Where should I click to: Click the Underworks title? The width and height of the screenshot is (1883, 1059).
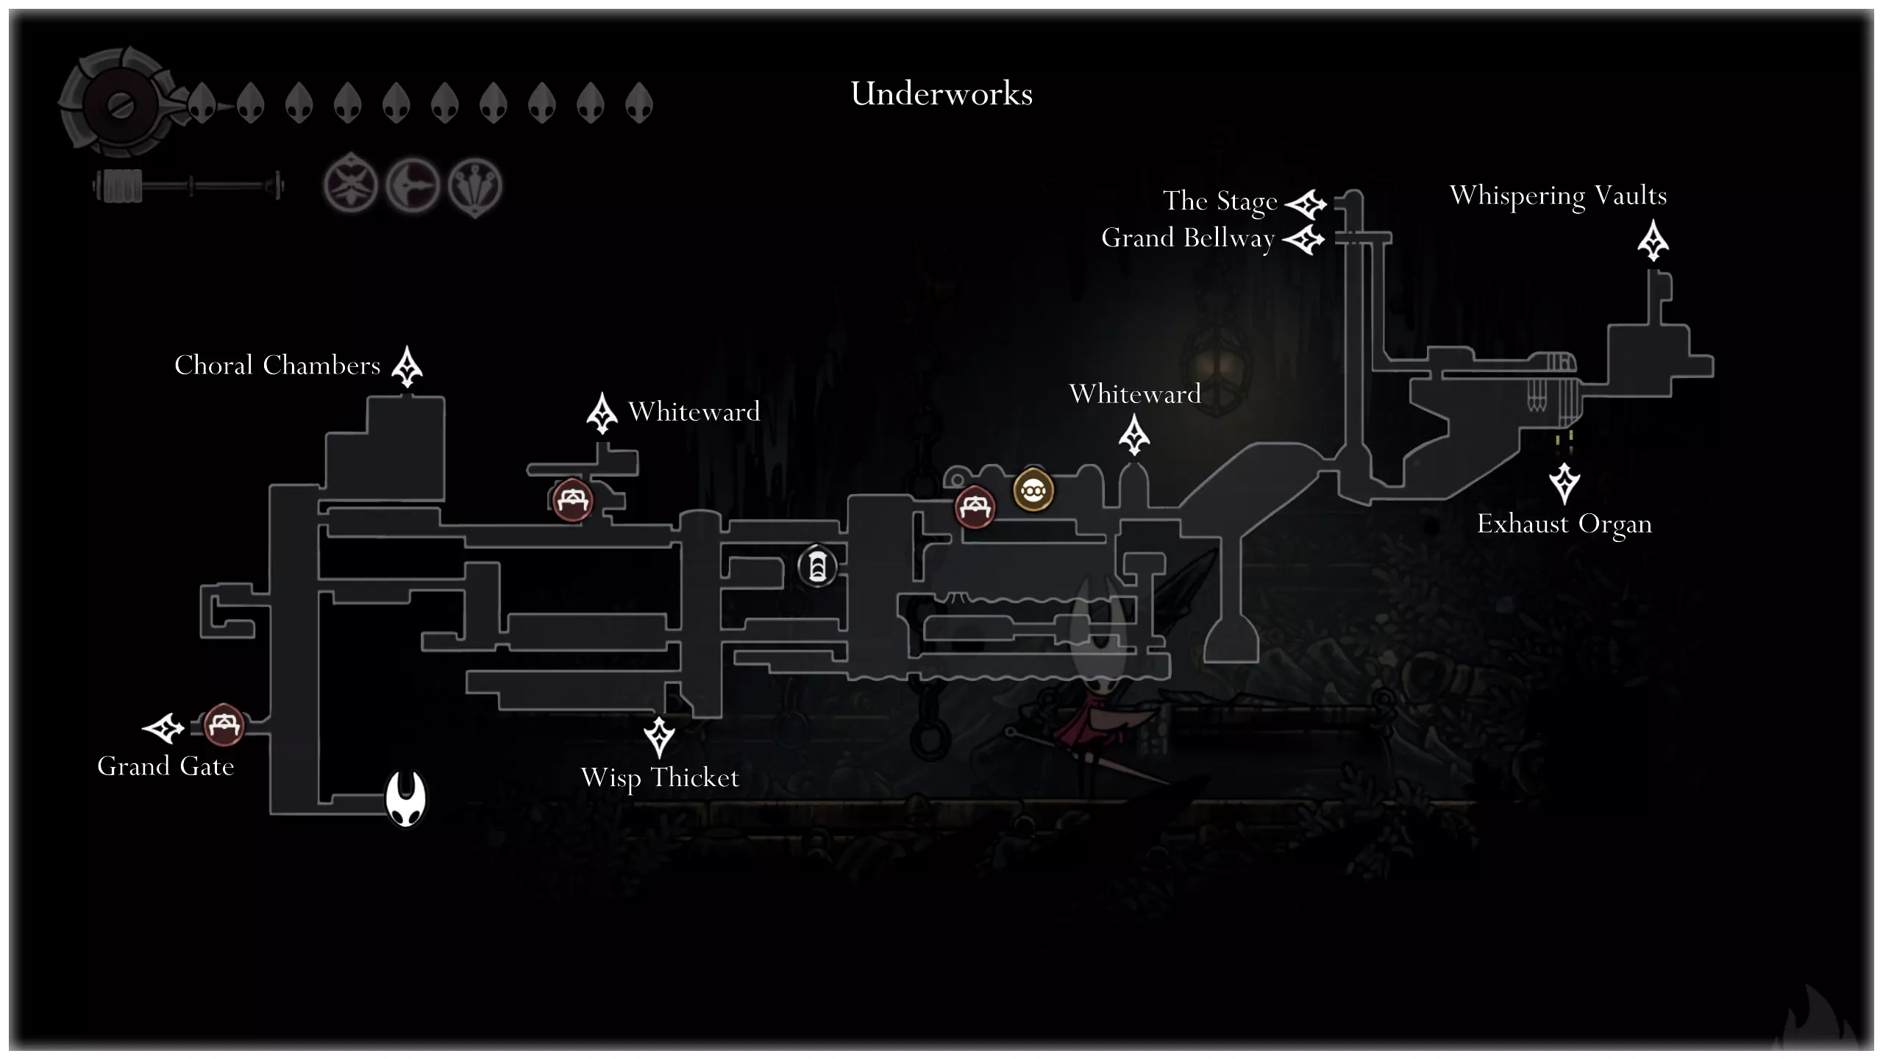941,94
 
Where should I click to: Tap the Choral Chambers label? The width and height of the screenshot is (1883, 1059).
277,366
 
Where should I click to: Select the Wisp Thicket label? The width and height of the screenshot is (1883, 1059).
660,778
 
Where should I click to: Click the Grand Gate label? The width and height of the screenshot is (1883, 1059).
165,766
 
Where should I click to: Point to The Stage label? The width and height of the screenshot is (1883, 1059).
1220,202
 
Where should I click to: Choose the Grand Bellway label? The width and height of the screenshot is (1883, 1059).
1187,239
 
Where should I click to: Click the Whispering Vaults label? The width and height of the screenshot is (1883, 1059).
1558,196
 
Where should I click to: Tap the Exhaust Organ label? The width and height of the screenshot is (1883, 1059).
1565,524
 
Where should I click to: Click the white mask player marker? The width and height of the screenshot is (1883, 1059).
406,799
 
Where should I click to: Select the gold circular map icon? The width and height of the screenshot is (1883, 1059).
1033,490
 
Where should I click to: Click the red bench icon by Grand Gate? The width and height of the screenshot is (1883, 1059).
223,725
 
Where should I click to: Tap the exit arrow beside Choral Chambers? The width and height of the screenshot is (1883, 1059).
407,366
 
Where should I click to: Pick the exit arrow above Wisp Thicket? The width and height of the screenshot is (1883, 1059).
659,737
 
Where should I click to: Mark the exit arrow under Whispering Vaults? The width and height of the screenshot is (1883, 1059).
1653,241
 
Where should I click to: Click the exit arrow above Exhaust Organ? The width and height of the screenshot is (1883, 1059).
1565,483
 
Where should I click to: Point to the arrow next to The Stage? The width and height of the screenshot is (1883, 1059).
1306,204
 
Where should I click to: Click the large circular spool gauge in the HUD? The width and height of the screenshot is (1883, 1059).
118,104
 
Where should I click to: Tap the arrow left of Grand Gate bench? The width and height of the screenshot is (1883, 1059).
163,728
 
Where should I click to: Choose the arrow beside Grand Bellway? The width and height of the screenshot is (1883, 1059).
1303,240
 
